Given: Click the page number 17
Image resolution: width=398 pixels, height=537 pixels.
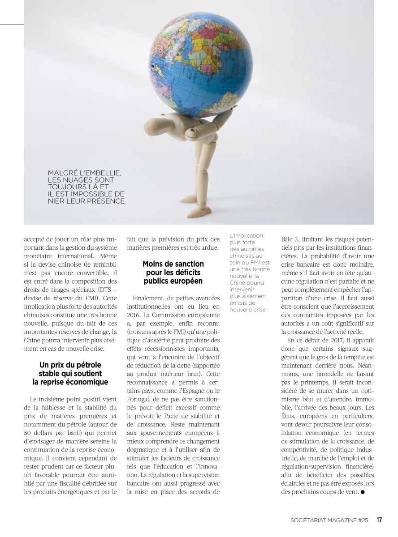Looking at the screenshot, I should click(379, 520).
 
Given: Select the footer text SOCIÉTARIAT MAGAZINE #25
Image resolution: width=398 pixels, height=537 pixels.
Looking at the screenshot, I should click(329, 520).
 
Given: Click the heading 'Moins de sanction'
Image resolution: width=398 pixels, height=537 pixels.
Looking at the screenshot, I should click(173, 264).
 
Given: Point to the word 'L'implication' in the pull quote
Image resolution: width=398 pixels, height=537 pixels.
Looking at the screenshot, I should click(246, 235).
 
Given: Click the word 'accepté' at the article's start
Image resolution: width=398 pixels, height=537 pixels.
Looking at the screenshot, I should click(35, 239).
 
